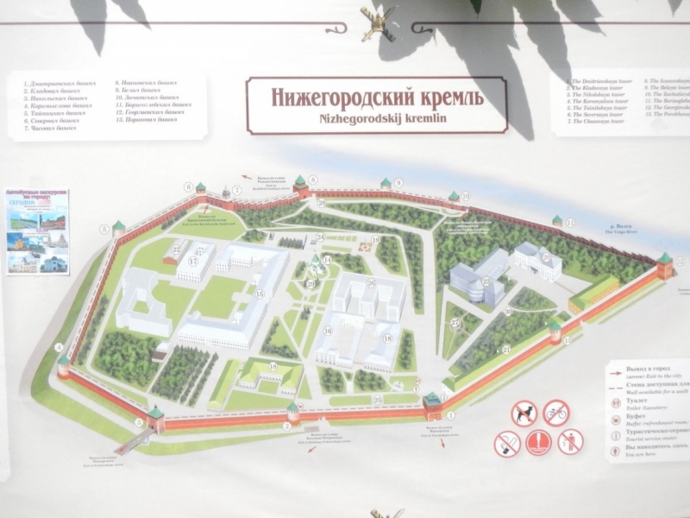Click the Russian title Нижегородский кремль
pyautogui.click(x=378, y=95)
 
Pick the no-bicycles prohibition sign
pyautogui.click(x=555, y=413)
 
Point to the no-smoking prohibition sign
pyautogui.click(x=507, y=444)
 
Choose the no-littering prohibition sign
pyautogui.click(x=570, y=443)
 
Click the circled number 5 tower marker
pyautogui.click(x=105, y=229)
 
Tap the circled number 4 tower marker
pyautogui.click(x=60, y=348)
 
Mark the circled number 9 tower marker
pyautogui.click(x=398, y=183)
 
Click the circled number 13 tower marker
pyautogui.click(x=569, y=342)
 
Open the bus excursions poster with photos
pyautogui.click(x=38, y=231)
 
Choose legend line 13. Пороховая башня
pyautogui.click(x=152, y=120)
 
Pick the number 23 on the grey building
pyautogui.click(x=486, y=281)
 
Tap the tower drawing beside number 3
pyautogui.click(x=154, y=417)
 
